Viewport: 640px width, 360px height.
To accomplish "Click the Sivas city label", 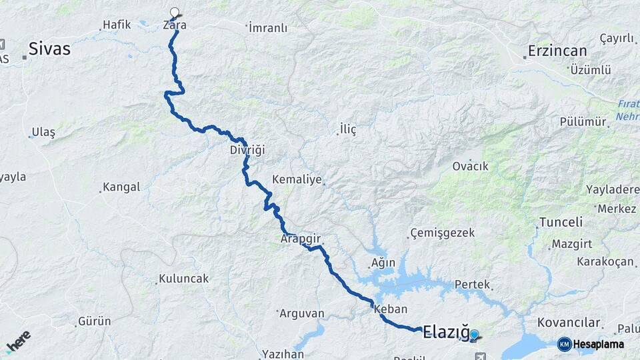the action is click(49, 49).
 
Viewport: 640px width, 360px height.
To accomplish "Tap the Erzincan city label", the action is click(557, 51).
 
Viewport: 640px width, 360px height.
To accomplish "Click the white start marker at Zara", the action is click(175, 12).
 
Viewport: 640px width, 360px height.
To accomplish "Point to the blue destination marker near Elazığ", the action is click(474, 335).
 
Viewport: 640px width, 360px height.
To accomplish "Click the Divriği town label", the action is click(247, 150).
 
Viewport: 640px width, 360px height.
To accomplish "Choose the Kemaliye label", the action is click(297, 179).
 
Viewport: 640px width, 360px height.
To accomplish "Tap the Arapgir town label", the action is click(301, 238).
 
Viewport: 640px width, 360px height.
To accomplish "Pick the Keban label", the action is click(391, 309).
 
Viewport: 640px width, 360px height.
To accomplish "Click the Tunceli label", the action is click(561, 222).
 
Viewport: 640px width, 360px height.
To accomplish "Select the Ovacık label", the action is click(471, 166).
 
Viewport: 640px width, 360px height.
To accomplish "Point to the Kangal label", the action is click(122, 187).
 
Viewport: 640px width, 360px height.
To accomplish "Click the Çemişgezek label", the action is click(443, 233).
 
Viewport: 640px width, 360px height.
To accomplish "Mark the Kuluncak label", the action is click(183, 279).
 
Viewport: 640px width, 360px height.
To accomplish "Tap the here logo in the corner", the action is click(17, 341).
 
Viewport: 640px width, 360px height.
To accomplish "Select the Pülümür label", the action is click(584, 122).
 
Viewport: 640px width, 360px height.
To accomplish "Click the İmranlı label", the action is click(267, 28).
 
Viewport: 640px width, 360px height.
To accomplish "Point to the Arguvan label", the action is click(301, 313).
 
